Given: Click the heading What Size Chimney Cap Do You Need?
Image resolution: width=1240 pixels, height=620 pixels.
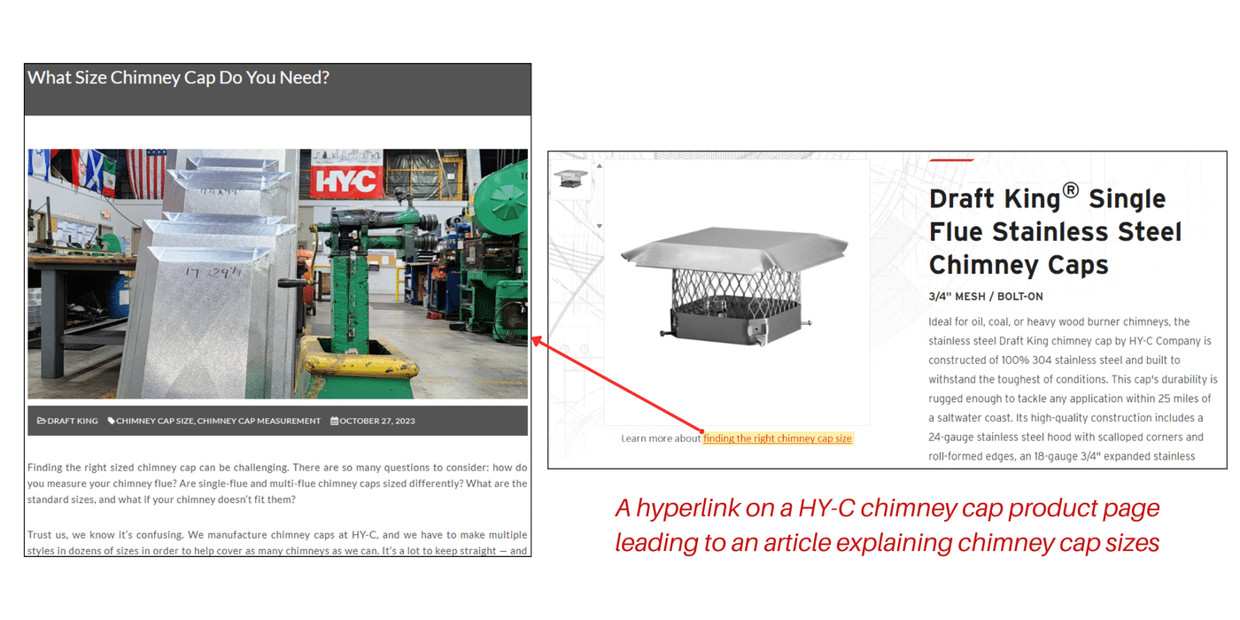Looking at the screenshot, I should (178, 78).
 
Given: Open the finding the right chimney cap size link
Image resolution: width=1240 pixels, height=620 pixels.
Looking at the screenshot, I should (777, 438).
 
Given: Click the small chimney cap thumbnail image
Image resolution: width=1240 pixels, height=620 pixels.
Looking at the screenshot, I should (570, 177).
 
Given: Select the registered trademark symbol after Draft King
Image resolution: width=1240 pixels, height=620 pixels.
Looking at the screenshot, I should (1071, 190).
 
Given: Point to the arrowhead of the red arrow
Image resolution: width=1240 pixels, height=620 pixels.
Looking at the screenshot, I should (535, 339).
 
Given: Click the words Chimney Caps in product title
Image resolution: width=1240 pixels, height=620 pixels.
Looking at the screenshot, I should (1019, 265).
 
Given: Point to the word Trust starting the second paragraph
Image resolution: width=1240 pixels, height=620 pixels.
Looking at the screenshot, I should (42, 535).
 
